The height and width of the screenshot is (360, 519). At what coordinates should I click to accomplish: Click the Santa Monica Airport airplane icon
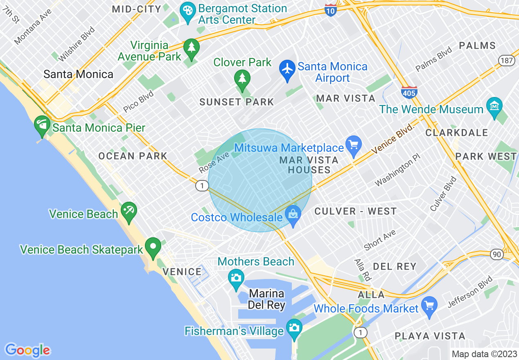click(x=288, y=69)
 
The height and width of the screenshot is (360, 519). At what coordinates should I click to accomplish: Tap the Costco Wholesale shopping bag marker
click(x=293, y=214)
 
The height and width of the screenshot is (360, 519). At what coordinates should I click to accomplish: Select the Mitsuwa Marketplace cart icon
click(x=354, y=144)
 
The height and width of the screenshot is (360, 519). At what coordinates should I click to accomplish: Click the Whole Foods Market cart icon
click(x=429, y=305)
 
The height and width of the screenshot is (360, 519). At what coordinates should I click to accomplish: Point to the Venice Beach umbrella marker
click(x=129, y=211)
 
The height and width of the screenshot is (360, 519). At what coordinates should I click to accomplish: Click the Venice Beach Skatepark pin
click(x=153, y=247)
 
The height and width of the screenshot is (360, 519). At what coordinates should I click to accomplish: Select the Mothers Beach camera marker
click(x=236, y=278)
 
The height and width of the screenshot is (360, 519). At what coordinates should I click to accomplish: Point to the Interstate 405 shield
click(x=409, y=92)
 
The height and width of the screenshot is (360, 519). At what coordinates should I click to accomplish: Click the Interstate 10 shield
click(x=331, y=10)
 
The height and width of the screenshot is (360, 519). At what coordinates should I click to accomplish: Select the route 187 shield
click(x=506, y=61)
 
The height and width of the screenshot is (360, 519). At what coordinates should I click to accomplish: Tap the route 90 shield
click(x=497, y=254)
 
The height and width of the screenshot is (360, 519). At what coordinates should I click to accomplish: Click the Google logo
click(x=27, y=350)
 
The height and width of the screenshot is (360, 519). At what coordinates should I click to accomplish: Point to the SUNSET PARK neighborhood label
click(x=237, y=102)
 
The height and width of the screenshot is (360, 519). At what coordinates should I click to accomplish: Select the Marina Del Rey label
click(x=266, y=299)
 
